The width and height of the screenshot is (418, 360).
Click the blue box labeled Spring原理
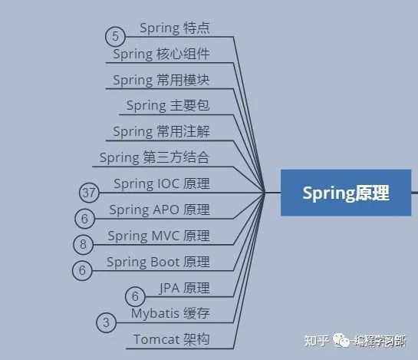click(346, 193)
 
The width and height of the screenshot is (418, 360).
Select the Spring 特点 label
click(175, 28)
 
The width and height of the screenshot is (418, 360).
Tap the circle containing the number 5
click(115, 37)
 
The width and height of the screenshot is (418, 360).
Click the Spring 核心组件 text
click(161, 54)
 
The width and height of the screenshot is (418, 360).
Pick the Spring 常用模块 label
click(161, 80)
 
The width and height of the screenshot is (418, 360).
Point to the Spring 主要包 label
click(168, 106)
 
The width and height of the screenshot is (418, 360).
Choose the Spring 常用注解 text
click(161, 131)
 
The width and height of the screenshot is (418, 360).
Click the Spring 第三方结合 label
click(154, 157)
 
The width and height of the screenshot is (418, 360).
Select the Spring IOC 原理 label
click(162, 184)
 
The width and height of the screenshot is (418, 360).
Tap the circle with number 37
click(89, 193)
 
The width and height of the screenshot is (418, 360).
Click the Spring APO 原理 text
click(160, 210)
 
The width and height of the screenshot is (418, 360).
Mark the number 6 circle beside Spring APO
click(85, 219)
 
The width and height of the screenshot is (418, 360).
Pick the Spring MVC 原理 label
click(159, 236)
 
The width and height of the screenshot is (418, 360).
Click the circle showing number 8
click(83, 244)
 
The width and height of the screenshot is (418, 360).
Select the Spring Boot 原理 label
click(158, 262)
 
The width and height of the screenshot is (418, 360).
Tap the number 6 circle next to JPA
click(135, 296)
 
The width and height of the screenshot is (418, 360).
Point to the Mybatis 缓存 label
click(170, 313)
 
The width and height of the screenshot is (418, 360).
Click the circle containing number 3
click(106, 322)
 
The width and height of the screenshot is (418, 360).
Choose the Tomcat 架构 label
click(171, 339)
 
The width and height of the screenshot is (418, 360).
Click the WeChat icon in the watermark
click(341, 340)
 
